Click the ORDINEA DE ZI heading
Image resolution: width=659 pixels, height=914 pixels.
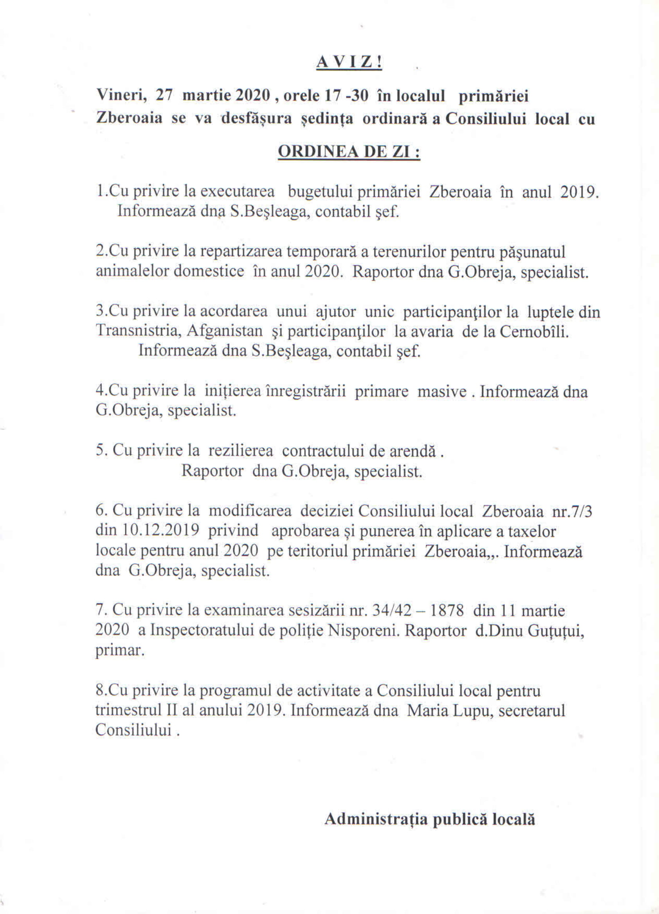[349, 152]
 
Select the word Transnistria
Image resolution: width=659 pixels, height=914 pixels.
[135, 332]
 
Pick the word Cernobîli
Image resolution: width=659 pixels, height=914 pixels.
[534, 332]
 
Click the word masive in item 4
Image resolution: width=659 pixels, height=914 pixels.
[442, 392]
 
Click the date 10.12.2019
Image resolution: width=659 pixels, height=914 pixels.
[160, 531]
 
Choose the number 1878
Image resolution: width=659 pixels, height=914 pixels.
[447, 611]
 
